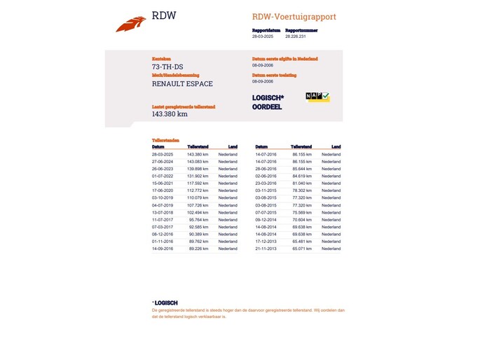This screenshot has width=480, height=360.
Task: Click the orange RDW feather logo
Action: point(131,25)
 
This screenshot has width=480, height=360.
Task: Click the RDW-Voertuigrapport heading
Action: point(294,17)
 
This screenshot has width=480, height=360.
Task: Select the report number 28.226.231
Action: point(300,36)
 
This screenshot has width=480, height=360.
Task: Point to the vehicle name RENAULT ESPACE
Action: point(182,84)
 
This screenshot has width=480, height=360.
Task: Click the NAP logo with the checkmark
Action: point(317,97)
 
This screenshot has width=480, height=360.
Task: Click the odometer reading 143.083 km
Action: point(198,161)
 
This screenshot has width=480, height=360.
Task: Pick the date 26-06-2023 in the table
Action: point(163,169)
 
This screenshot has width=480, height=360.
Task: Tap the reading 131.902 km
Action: point(198,176)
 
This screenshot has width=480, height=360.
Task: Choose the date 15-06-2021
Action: point(163,184)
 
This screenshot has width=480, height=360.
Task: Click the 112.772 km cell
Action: point(198,191)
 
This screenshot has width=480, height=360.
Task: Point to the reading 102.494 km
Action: point(198,212)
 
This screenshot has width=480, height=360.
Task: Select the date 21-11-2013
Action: point(266,249)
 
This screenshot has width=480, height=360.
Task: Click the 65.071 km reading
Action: point(302,249)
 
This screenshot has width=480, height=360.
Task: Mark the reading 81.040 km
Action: point(302,184)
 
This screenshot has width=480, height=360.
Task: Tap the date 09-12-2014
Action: point(266,220)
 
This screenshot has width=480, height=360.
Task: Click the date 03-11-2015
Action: point(266,191)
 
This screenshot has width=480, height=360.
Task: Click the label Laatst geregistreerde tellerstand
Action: point(184,107)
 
